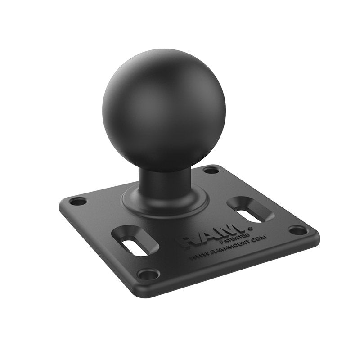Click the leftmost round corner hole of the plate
click(78, 201)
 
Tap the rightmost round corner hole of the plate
click(298, 230)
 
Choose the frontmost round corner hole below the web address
click(148, 273)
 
